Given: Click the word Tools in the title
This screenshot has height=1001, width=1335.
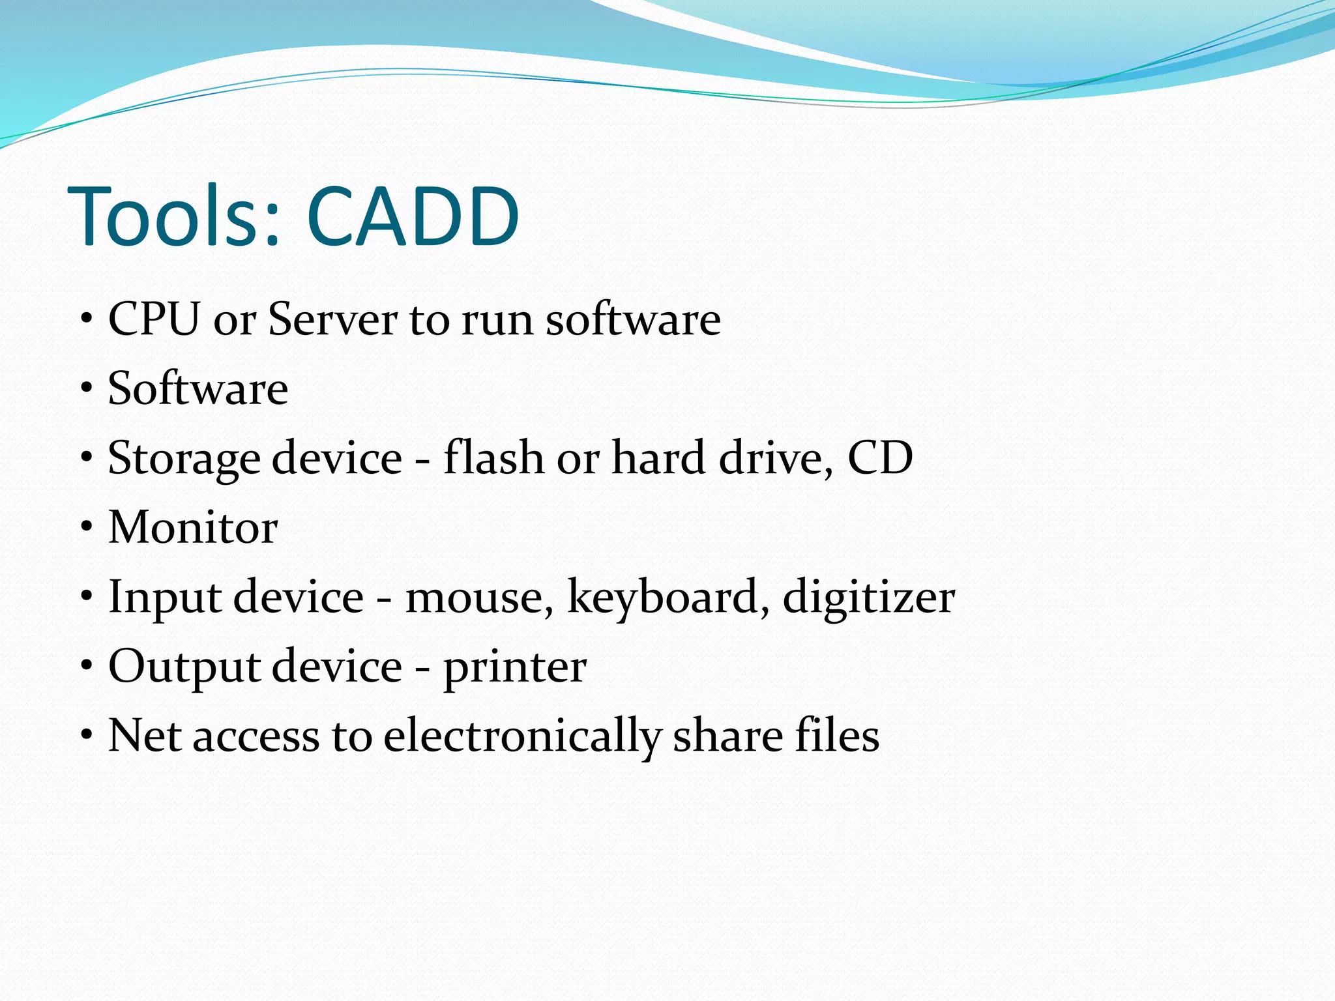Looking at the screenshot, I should (x=173, y=216).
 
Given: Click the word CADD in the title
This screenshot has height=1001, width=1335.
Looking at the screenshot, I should (x=413, y=216).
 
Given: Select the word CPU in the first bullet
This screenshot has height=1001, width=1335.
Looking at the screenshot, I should (x=154, y=319).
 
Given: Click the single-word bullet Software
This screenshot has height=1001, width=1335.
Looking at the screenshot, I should (x=198, y=388).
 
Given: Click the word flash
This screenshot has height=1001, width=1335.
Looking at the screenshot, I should (x=493, y=457).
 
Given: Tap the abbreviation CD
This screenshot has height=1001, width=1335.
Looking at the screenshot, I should (x=880, y=457).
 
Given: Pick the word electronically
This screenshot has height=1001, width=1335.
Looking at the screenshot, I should (x=521, y=736).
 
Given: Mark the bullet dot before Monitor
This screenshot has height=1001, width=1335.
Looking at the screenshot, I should (x=87, y=528).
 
